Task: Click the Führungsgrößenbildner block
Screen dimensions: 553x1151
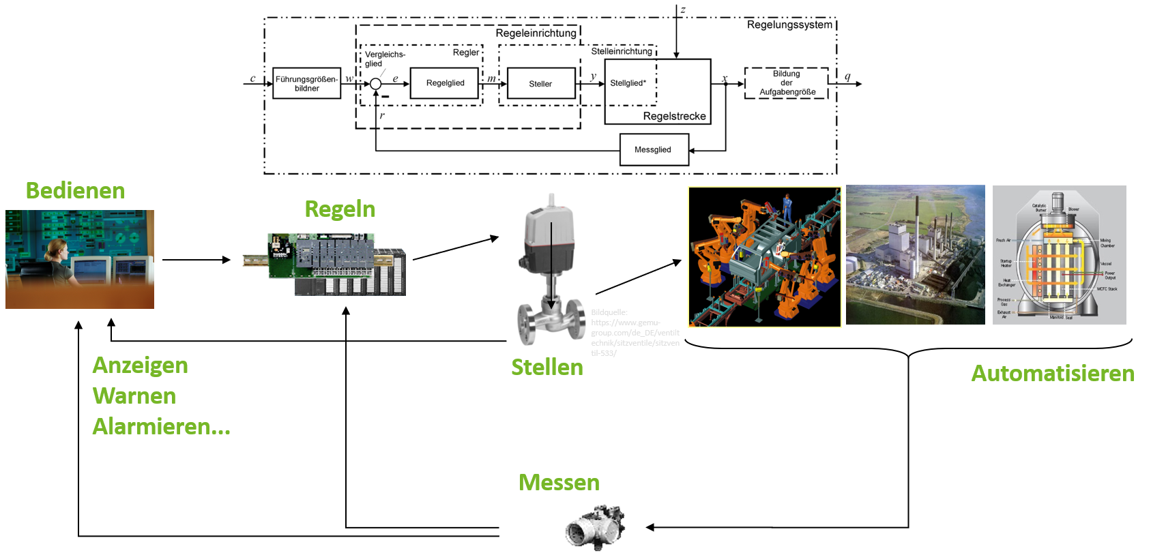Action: (x=306, y=83)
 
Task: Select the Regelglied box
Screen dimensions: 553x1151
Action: (x=444, y=83)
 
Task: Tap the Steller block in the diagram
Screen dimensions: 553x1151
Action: (x=541, y=84)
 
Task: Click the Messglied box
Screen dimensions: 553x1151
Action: (x=654, y=150)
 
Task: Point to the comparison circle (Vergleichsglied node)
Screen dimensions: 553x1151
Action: (x=375, y=84)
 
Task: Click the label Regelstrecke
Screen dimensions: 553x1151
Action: (x=674, y=117)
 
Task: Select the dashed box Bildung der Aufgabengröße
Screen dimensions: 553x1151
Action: (x=787, y=83)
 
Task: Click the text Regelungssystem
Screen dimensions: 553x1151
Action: (x=789, y=25)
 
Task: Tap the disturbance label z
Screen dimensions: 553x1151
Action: (x=682, y=10)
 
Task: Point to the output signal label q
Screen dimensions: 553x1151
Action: (x=847, y=76)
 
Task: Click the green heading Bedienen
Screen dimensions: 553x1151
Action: (x=75, y=190)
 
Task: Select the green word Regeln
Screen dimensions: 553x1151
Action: (x=340, y=209)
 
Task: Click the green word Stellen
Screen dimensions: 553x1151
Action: (x=547, y=368)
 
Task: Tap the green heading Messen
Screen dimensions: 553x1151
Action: (x=559, y=483)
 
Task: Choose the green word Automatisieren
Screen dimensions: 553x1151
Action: (x=1052, y=374)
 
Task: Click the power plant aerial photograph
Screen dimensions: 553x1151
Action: (x=915, y=254)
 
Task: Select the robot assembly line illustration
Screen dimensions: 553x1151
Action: (x=764, y=257)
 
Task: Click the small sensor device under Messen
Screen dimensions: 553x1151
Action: (x=595, y=528)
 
